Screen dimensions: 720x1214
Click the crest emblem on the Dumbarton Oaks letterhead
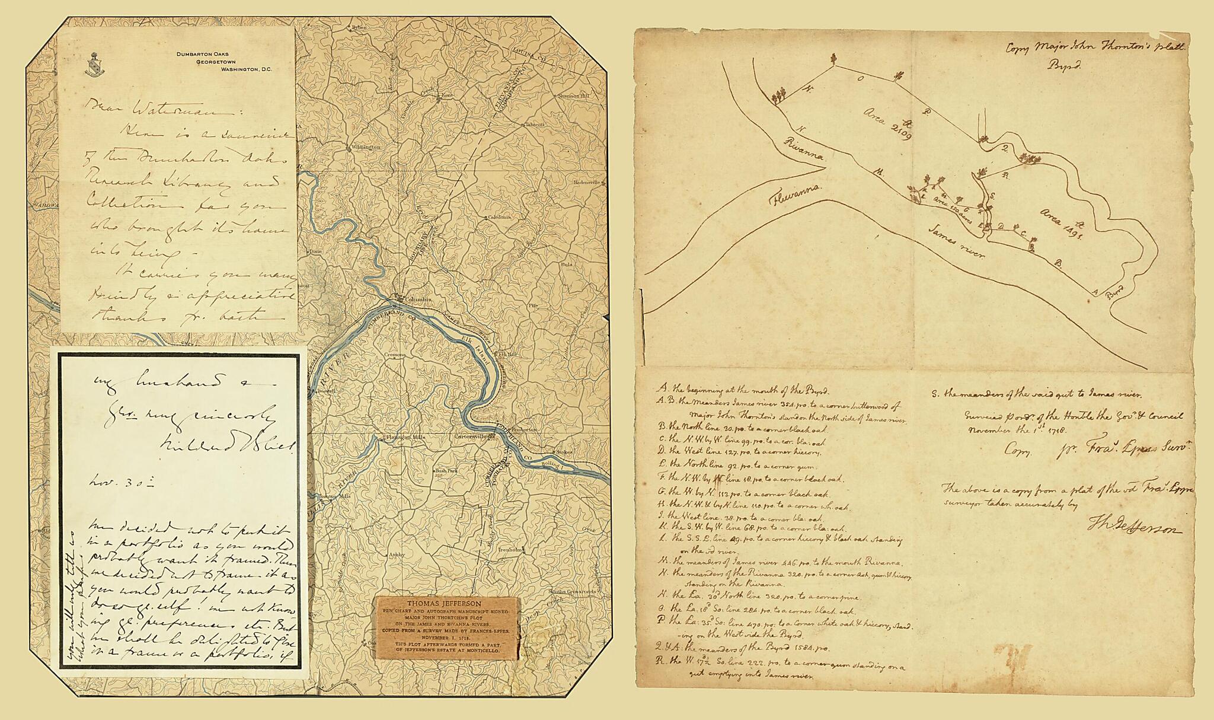pos(92,63)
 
